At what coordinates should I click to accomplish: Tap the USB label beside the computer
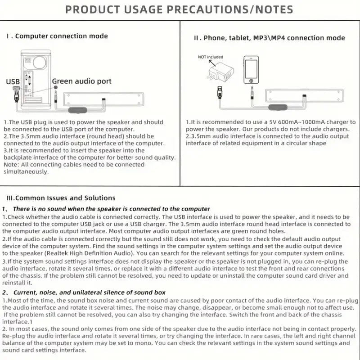pos(13,81)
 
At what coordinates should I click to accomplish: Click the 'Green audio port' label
pos(81,81)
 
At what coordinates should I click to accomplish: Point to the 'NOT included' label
pos(210,57)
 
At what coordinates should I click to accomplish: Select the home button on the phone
pos(251,81)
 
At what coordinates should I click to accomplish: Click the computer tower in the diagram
pos(35,76)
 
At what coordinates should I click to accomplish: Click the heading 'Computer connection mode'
pos(61,36)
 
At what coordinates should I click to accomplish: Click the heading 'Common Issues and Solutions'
pos(65,198)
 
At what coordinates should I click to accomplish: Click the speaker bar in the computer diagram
pos(106,98)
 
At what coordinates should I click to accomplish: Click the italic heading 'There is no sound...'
pos(111,209)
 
